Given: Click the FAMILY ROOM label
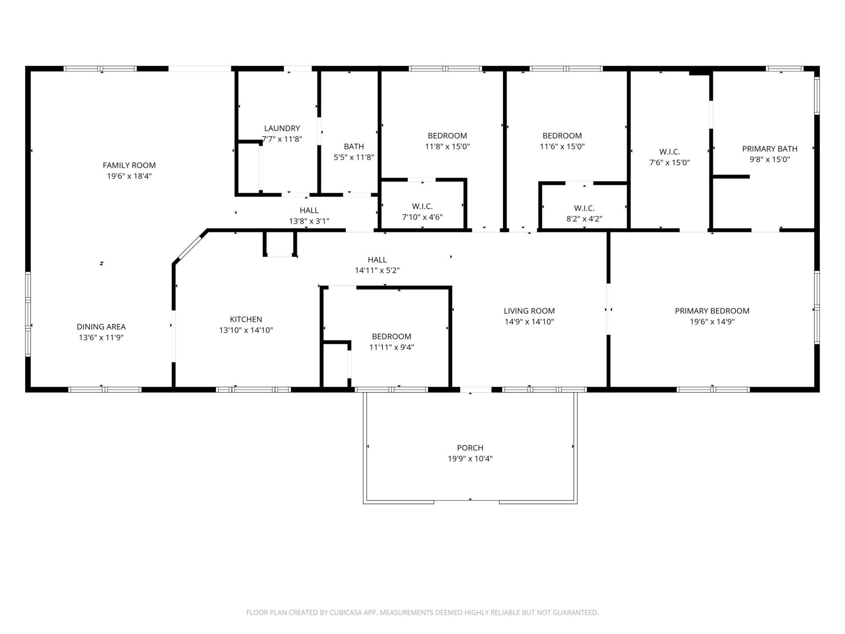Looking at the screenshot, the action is [x=129, y=165].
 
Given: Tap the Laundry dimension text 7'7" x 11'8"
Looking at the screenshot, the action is [x=282, y=139].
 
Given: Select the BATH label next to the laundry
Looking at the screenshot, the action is [x=354, y=146].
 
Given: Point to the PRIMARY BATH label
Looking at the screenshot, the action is [x=770, y=149].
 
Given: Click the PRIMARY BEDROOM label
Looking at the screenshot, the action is [x=712, y=311].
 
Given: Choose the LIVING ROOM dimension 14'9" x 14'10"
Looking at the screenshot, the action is [x=529, y=321].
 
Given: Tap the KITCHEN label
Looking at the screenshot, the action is [x=246, y=319].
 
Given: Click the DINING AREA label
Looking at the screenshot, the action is [x=101, y=327].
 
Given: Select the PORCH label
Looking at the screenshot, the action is [x=470, y=448].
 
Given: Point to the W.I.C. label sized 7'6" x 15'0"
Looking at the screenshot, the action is [x=669, y=152].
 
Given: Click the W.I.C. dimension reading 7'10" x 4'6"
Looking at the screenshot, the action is [x=422, y=217].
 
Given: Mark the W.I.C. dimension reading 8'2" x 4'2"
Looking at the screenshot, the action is [x=584, y=219].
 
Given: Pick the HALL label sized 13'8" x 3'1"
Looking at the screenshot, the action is [x=309, y=210].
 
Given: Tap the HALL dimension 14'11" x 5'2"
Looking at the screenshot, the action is [x=377, y=270].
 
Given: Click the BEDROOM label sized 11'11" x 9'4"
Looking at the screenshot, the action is [x=392, y=336].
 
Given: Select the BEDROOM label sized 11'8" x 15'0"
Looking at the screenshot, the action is [x=447, y=136].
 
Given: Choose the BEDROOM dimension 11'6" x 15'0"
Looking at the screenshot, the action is [x=562, y=147].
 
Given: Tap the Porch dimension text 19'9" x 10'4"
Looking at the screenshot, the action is [x=470, y=459].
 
